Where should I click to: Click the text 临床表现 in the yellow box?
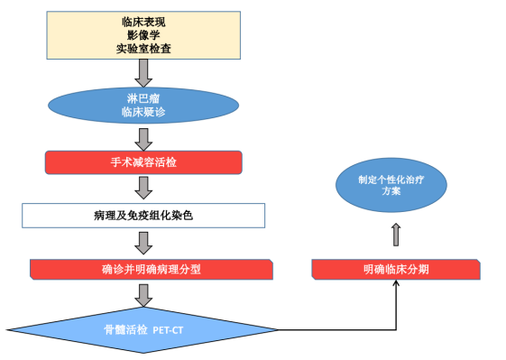(x=143, y=20)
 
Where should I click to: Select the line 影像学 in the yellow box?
(x=143, y=34)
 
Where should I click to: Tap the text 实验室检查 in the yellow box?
(x=143, y=49)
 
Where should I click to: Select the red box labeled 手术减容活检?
(x=143, y=162)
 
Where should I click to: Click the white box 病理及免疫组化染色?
(x=143, y=215)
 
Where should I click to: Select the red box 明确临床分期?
(x=397, y=269)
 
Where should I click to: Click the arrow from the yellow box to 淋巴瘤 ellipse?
(x=143, y=71)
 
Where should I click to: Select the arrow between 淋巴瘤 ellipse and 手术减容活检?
(x=143, y=138)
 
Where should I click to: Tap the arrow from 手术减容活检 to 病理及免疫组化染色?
(x=143, y=189)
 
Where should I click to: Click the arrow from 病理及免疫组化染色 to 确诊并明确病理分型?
(x=143, y=242)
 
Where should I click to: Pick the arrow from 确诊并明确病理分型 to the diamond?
(x=143, y=293)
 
